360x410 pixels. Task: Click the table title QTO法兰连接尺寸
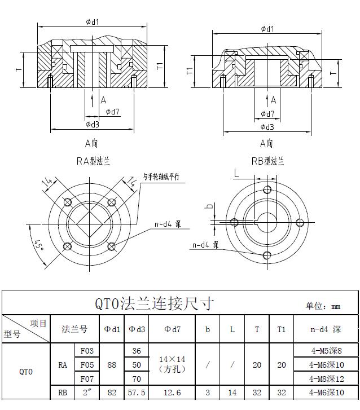point(155,303)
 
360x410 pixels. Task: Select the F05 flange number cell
point(87,365)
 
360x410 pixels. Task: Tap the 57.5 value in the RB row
point(137,393)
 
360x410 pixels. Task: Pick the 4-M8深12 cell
point(326,378)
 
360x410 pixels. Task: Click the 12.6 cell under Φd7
point(172,393)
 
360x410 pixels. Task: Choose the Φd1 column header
point(112,329)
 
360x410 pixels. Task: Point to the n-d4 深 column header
point(326,329)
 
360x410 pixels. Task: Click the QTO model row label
point(26,372)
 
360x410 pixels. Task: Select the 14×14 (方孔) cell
point(172,364)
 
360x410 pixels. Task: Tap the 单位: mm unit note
point(323,306)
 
